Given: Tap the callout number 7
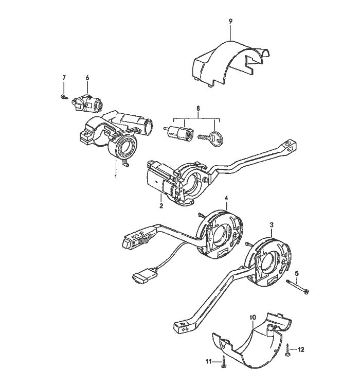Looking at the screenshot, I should (x=64, y=77).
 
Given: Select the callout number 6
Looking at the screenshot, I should (x=87, y=77).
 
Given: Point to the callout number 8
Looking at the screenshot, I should (x=197, y=108).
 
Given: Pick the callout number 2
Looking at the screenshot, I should (x=161, y=206).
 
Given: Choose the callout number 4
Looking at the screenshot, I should (x=226, y=198).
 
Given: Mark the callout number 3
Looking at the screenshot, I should (x=272, y=225).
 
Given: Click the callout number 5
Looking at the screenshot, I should (x=296, y=273).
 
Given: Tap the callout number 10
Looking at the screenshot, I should (x=253, y=318).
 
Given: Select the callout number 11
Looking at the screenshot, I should (x=209, y=362).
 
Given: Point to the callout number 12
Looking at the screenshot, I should (x=301, y=349).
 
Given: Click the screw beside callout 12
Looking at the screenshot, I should (x=289, y=350).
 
